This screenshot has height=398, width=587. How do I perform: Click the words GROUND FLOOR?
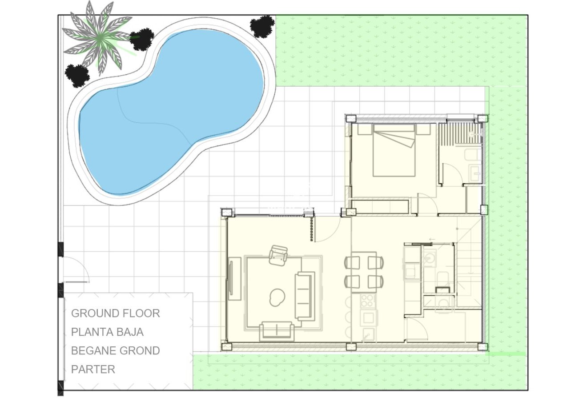(x=115, y=314)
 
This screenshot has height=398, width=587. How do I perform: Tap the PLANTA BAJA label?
(x=107, y=332)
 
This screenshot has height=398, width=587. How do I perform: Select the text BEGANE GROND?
(x=115, y=351)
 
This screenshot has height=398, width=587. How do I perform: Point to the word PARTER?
(x=93, y=370)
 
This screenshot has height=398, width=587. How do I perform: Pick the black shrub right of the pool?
(x=262, y=26)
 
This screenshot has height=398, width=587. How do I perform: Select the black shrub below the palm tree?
(x=77, y=75)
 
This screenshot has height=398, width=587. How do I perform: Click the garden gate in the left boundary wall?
(x=75, y=270)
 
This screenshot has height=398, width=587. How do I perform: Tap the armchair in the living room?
(x=279, y=255)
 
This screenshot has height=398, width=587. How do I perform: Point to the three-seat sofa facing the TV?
(x=305, y=296)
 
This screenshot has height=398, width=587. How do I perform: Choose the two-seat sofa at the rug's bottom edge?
(x=277, y=330)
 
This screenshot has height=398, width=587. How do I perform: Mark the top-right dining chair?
(x=375, y=262)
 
